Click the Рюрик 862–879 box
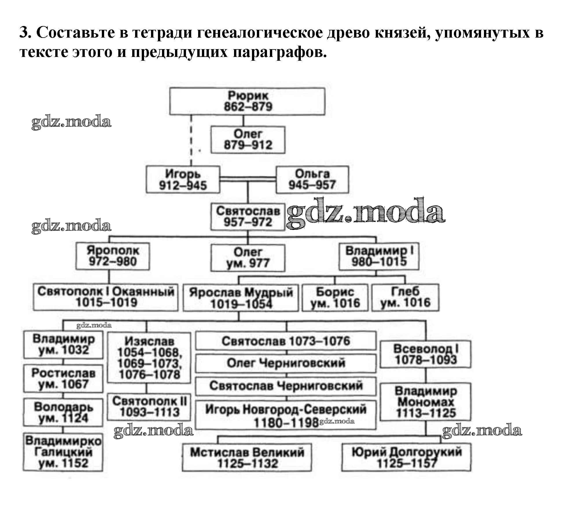247,101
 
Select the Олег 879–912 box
248,140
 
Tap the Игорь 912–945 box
183,179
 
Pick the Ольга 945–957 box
312,179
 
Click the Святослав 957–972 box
248,217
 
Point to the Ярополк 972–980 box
113,256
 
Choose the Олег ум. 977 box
248,258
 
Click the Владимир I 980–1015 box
379,256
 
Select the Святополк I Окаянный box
106,297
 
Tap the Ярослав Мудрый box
241,298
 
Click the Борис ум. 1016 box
335,298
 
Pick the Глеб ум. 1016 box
405,298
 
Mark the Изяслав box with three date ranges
149,358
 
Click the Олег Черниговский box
286,363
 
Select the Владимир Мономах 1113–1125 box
426,402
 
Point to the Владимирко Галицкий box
63,452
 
